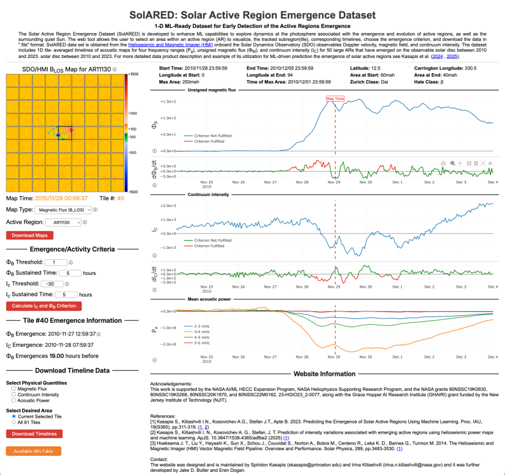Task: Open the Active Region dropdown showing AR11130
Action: (x=63, y=222)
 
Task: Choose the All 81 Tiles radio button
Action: (x=14, y=422)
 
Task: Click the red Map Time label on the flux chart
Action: (x=335, y=99)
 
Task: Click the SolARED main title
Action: (x=252, y=13)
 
